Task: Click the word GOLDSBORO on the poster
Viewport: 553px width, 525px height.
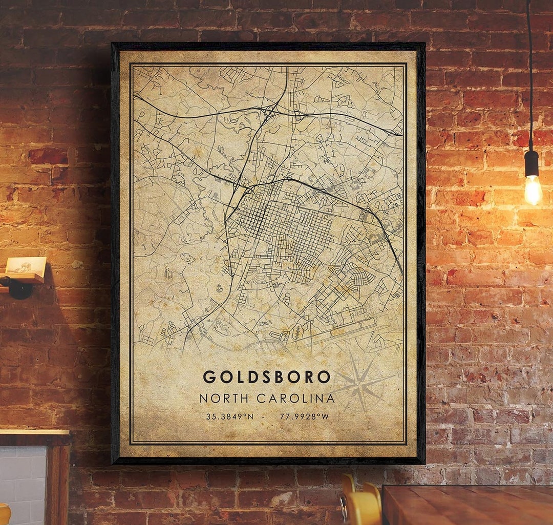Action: click(267, 377)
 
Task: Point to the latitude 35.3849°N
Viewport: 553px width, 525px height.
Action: click(229, 416)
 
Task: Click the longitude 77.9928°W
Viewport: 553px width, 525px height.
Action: click(304, 416)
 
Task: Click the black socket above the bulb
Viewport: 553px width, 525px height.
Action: click(531, 163)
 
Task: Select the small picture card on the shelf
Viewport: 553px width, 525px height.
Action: click(26, 265)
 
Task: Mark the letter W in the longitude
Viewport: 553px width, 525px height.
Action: click(325, 416)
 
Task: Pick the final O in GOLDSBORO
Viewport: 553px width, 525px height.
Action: click(324, 377)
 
